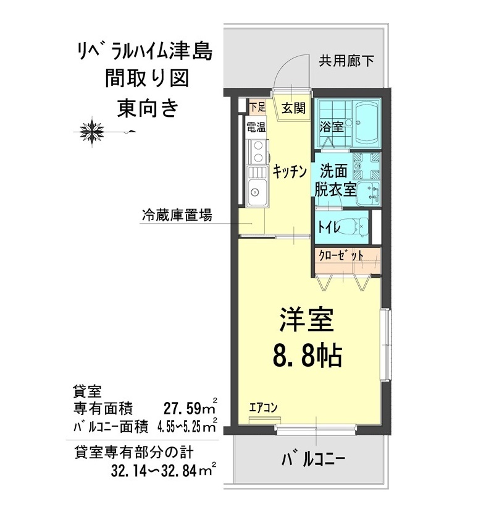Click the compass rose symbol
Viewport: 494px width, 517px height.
(93, 130)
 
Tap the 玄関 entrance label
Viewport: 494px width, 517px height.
(294, 108)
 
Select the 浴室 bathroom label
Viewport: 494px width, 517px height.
(331, 127)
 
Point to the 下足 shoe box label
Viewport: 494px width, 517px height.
(257, 107)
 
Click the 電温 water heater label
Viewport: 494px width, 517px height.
(256, 128)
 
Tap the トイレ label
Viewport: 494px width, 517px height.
(329, 227)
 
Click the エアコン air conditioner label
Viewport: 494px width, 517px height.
(263, 408)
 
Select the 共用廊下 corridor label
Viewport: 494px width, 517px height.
(346, 61)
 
